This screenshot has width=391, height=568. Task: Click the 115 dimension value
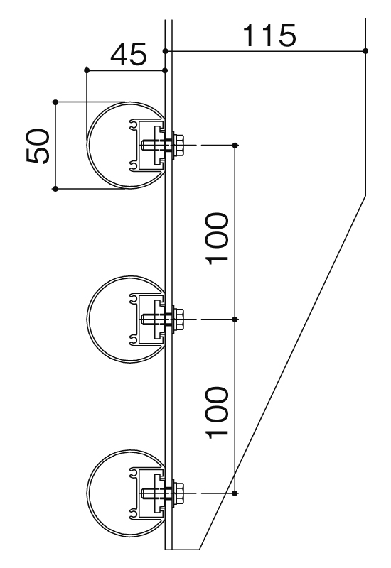click(x=269, y=35)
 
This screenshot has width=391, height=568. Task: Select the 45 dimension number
click(x=129, y=55)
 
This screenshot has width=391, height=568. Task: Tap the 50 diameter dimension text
click(x=38, y=146)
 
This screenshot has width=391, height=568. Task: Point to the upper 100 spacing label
click(x=218, y=239)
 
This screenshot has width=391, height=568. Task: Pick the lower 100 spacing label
click(x=218, y=413)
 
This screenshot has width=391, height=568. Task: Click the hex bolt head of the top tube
click(x=178, y=145)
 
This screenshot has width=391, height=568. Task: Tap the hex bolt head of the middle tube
click(x=178, y=319)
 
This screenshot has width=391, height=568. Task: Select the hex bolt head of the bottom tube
click(x=178, y=493)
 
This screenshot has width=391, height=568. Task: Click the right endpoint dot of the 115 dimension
click(x=365, y=51)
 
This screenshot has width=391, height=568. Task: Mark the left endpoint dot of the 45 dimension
click(x=87, y=70)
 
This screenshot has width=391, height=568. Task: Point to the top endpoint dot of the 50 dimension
click(x=55, y=102)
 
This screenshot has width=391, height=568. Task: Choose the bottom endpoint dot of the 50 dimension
click(x=55, y=189)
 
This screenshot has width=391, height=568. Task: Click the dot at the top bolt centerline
click(x=235, y=146)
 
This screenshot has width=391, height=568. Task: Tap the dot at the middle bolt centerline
click(x=235, y=319)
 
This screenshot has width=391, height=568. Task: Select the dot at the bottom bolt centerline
click(x=235, y=493)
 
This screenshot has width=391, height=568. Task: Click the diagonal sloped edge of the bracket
click(x=282, y=372)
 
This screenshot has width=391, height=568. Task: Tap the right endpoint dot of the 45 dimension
click(x=165, y=70)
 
